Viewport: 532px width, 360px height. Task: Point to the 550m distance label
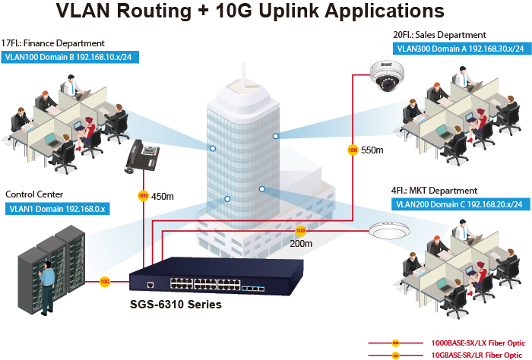pos(372,150)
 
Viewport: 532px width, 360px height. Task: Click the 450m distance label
pos(163,197)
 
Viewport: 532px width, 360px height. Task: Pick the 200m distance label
pos(302,244)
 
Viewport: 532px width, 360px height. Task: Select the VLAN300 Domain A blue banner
pos(460,48)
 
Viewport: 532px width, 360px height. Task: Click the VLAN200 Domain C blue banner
pos(458,204)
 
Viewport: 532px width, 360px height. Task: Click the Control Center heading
pos(34,194)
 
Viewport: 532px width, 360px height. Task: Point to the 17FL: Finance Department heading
pos(53,43)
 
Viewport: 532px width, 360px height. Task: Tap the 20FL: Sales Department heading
pos(439,35)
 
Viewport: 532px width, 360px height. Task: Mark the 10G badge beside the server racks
pos(106,282)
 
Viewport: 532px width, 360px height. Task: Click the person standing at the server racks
pos(47,286)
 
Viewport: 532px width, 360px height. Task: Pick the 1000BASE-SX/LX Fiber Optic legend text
pos(477,343)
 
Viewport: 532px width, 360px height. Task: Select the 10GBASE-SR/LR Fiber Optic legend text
pos(477,354)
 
